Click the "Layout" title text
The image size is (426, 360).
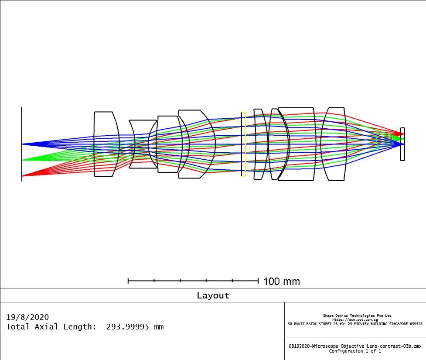point(213,295)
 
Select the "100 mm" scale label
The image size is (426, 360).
point(281,281)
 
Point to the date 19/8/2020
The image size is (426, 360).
point(27,317)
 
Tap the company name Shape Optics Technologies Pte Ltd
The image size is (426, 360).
point(357,315)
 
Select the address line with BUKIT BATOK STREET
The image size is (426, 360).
point(355,324)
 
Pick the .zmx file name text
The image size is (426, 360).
point(355,346)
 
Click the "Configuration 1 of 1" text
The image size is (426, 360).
point(355,351)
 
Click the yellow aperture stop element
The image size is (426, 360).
point(243,144)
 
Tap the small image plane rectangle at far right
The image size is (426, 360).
point(402,144)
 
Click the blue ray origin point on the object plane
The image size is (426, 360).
point(22,144)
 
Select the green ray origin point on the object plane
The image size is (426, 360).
point(22,160)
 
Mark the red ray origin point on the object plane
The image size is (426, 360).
point(22,176)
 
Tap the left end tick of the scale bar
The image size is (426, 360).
point(128,281)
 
